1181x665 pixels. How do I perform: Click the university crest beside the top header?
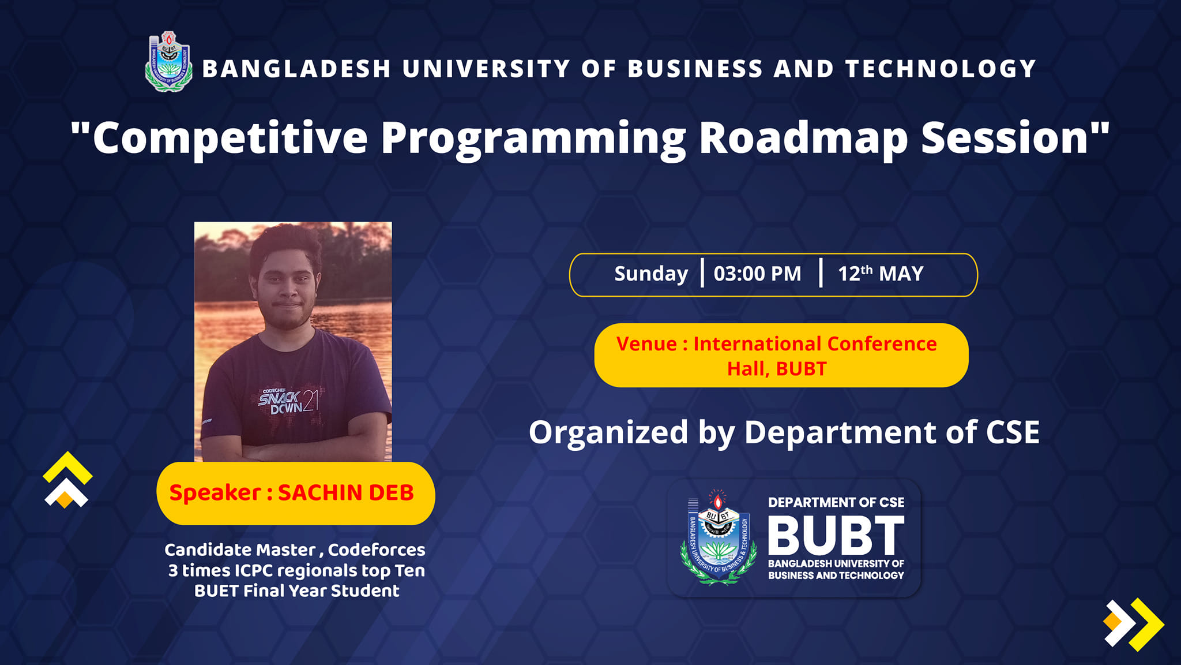(168, 62)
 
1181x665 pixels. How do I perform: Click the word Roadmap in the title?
(804, 139)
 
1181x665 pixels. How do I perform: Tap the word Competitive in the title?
(230, 139)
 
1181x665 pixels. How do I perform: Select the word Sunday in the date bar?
(651, 274)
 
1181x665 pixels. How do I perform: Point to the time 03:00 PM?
(757, 274)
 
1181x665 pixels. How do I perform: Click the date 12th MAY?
(881, 273)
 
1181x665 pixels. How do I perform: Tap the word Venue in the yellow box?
(646, 344)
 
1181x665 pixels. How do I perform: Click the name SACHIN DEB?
(346, 492)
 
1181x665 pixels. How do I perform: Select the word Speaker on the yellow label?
(215, 493)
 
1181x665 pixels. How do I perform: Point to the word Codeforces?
(377, 550)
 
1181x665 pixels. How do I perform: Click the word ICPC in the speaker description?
(253, 570)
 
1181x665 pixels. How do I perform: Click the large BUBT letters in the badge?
(836, 535)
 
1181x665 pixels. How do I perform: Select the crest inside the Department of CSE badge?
(719, 538)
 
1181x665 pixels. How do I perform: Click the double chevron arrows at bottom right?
(1134, 625)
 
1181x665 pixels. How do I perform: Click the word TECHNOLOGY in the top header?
(941, 69)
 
